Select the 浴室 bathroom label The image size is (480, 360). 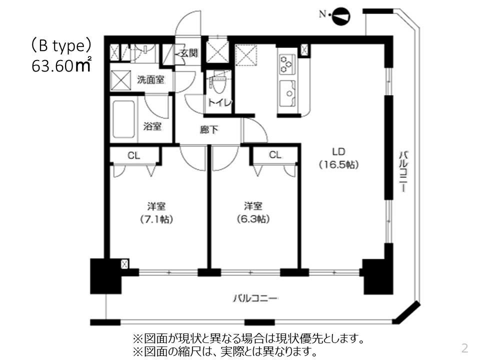(152, 126)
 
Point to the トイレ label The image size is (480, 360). (220, 102)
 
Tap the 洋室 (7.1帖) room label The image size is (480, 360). (156, 212)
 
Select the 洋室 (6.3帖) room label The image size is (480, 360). (253, 212)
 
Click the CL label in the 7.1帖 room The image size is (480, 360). (133, 155)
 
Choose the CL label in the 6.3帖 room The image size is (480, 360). (275, 155)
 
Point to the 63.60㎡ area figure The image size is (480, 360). (60, 66)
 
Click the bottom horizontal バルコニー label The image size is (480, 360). (255, 298)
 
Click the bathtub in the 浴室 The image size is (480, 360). (123, 120)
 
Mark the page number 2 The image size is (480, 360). (464, 347)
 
